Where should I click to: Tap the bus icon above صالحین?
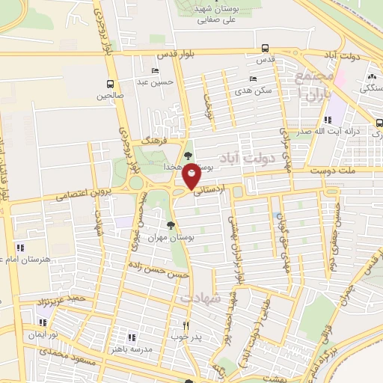tap(111, 84)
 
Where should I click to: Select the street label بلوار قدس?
tap(174, 55)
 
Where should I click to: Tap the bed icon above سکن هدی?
tap(253, 79)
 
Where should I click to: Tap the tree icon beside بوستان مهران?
tap(171, 224)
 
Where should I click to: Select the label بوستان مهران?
tap(165, 236)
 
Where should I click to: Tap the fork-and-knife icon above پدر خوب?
tap(188, 326)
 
